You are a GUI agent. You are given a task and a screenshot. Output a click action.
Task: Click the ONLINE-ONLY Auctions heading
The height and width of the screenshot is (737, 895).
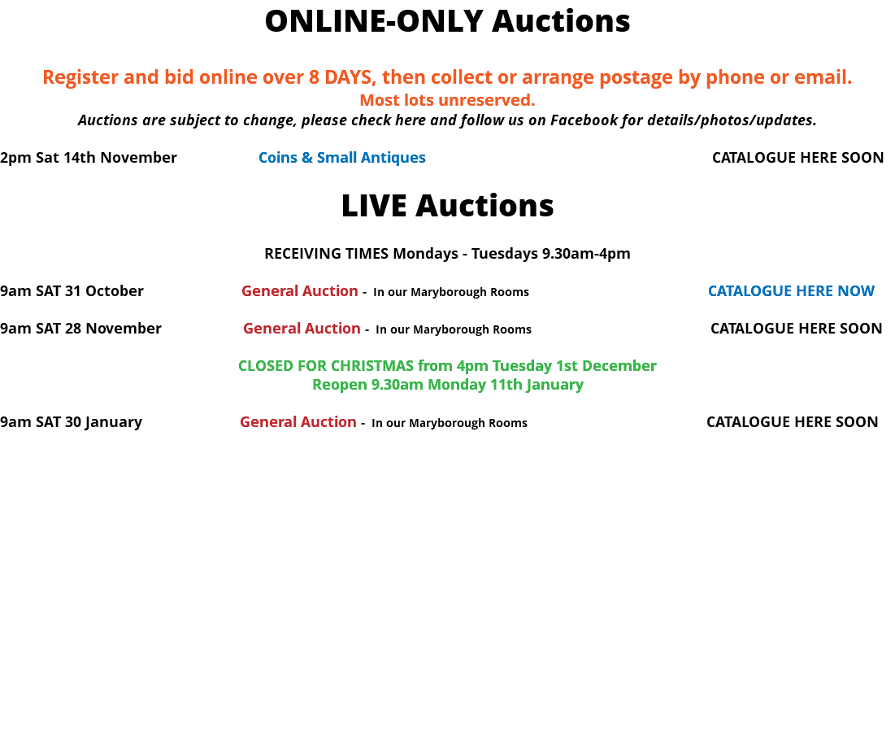(447, 21)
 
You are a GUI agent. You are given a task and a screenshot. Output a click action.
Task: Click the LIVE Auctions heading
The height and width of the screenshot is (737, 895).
(447, 206)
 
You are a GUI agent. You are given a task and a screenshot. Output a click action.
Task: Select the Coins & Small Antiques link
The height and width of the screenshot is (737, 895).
(342, 158)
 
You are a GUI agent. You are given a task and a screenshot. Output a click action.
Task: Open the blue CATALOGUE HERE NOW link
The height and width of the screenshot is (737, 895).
(791, 290)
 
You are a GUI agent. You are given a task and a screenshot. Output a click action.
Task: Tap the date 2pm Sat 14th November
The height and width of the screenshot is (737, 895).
(89, 158)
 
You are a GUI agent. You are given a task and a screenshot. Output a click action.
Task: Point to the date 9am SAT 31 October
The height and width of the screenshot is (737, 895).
(72, 290)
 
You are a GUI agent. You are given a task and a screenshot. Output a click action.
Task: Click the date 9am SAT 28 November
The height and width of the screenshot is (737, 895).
(80, 329)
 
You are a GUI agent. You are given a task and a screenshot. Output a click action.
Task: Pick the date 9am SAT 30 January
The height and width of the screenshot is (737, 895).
(71, 422)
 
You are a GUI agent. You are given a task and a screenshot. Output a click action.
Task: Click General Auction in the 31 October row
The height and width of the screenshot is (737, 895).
(300, 290)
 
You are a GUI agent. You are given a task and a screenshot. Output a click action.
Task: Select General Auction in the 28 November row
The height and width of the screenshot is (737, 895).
(302, 329)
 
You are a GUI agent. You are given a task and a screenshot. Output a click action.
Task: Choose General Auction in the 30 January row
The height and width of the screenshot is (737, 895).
(298, 422)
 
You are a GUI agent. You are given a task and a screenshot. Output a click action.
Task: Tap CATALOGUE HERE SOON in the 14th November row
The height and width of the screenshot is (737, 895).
(798, 158)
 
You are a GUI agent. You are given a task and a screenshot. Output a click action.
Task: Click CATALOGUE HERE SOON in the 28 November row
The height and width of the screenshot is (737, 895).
(797, 329)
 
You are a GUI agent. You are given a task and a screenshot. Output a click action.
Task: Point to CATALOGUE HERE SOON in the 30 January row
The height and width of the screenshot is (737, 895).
(793, 422)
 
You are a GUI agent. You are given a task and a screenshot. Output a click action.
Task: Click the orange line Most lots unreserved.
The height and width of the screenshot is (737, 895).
(447, 100)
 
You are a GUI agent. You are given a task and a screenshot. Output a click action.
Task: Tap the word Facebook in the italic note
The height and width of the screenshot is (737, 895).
(584, 120)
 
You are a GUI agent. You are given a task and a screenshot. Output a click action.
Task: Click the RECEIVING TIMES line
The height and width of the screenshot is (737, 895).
(447, 254)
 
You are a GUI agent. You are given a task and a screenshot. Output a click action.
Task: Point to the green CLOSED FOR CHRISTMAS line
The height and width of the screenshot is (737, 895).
(447, 365)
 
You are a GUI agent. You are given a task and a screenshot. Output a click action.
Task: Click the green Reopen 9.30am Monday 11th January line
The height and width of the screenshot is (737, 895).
(447, 385)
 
